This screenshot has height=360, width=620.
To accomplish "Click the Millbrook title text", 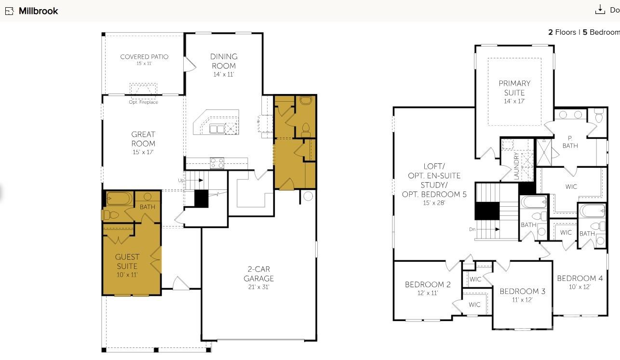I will (38, 11).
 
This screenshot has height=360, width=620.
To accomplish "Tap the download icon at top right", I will (600, 9).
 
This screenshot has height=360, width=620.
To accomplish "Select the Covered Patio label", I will (144, 57).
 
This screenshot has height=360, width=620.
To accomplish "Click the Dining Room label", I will (224, 61).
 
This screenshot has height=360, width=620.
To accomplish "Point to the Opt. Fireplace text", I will (143, 102).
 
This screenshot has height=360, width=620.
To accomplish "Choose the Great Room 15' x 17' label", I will (143, 143).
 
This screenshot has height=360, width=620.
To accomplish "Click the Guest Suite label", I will (127, 262).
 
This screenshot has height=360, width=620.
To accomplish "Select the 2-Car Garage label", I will (258, 274).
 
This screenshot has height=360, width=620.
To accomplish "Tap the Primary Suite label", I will (514, 88).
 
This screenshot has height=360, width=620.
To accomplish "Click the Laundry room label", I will (516, 167).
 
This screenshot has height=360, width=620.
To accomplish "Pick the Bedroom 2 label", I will (428, 284).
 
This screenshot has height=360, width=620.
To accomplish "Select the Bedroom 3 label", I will (522, 291).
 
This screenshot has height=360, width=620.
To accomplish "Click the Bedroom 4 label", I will (580, 278).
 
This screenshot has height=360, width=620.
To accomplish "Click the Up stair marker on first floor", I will (181, 180).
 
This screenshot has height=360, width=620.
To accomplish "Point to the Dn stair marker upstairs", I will (472, 229).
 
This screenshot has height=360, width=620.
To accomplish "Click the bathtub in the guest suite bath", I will (118, 198).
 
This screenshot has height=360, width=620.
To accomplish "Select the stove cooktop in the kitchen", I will (217, 163).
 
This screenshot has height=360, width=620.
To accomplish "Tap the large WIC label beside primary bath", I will (571, 187).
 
